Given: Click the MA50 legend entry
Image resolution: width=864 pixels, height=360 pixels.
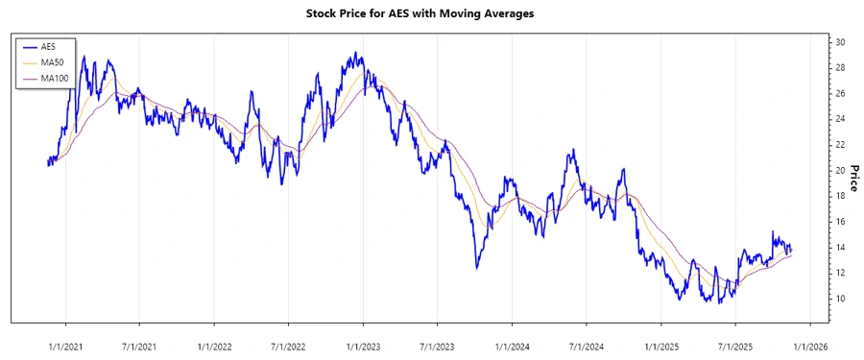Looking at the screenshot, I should pos(50,61).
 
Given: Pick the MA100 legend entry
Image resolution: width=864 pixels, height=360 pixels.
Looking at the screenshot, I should pos(52,77).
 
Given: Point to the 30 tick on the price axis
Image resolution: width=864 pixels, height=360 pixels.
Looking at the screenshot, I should pos(839,42).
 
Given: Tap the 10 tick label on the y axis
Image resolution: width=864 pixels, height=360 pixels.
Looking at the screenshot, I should pos(839,299).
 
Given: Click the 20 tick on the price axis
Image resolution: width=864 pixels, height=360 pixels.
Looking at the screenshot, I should pos(839,170).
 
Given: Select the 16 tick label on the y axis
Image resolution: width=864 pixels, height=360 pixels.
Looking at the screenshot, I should pos(839,222).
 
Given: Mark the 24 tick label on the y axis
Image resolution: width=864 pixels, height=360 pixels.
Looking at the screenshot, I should pos(839,119).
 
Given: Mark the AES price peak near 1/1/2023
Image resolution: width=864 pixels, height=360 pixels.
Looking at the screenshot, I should pos(355,53).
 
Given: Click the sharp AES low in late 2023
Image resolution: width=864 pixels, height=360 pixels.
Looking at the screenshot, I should pos(477,268).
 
